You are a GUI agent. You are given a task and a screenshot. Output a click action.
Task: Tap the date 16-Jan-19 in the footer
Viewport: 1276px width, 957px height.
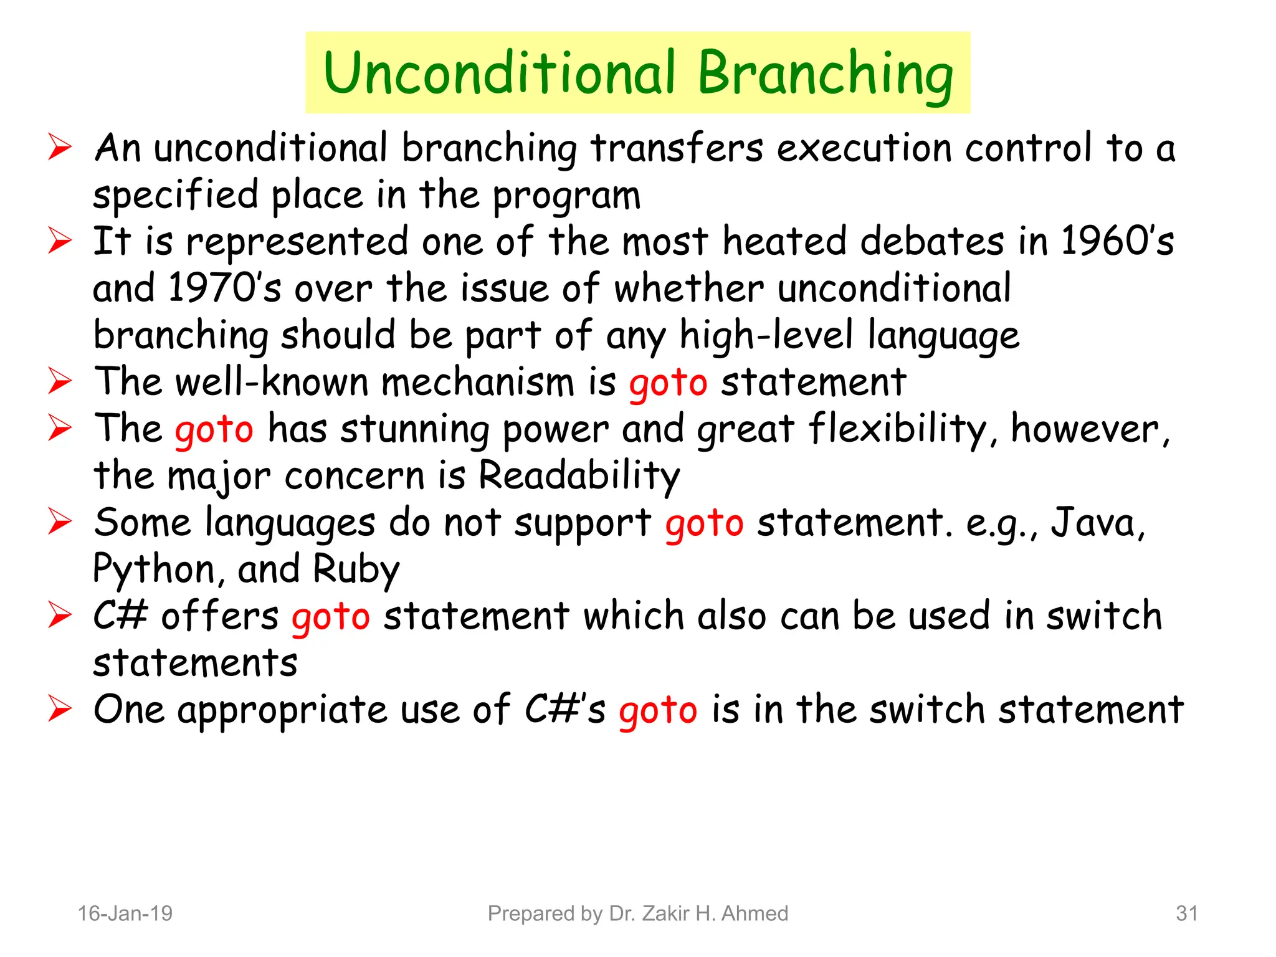point(125,913)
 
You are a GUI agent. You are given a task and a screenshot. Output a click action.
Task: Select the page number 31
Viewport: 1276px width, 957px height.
point(1186,913)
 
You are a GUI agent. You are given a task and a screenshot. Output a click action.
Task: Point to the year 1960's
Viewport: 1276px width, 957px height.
point(1116,242)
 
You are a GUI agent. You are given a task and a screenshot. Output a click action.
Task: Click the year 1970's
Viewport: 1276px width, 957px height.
point(224,288)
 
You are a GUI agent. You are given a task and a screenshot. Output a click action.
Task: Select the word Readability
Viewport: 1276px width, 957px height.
point(579,477)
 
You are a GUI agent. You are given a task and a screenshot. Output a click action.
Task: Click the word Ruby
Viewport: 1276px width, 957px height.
point(356,570)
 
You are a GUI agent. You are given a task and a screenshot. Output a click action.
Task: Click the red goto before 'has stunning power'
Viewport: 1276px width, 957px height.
point(214,430)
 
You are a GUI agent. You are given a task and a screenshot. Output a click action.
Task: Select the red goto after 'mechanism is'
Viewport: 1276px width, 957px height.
point(668,383)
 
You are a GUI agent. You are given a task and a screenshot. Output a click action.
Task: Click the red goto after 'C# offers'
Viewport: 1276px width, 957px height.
point(331,617)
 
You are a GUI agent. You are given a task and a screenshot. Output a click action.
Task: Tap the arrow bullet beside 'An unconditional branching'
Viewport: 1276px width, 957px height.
point(60,148)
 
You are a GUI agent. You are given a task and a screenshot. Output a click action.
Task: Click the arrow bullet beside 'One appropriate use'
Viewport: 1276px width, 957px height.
point(60,710)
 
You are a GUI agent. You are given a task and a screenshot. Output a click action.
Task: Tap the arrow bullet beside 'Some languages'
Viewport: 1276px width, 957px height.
point(60,522)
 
